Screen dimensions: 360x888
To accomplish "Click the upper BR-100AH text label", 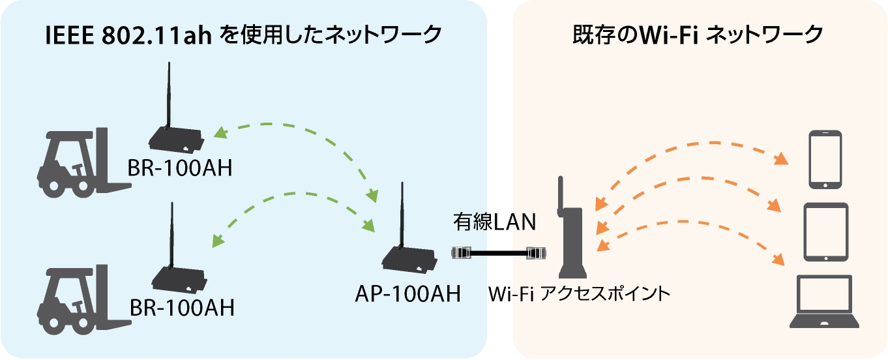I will (x=180, y=168).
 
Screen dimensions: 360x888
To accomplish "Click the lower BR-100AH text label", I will (x=181, y=307).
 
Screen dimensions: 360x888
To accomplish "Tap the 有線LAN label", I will (x=495, y=222).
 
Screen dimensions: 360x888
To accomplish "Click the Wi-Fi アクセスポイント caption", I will (x=580, y=294).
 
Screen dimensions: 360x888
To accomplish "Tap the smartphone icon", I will (x=825, y=160).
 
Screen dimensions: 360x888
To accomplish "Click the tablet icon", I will (x=826, y=232).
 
